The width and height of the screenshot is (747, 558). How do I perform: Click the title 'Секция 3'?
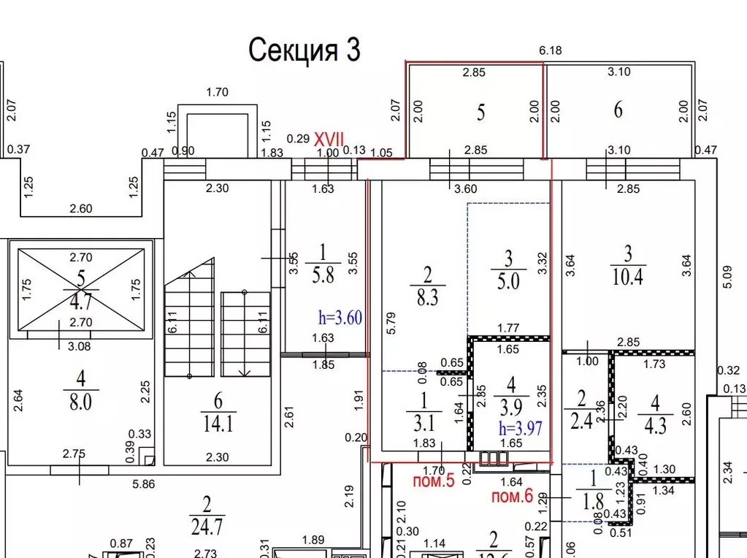tap(304, 50)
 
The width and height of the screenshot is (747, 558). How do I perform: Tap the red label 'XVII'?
tap(329, 138)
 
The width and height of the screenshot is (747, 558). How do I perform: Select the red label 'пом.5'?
tap(434, 481)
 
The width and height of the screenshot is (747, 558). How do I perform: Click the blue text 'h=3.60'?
tap(340, 318)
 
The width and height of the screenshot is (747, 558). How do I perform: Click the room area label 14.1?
tap(218, 423)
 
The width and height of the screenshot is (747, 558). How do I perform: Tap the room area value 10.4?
tap(628, 277)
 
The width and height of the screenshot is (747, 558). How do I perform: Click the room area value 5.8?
tap(322, 277)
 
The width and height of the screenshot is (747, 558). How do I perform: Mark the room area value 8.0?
tap(80, 402)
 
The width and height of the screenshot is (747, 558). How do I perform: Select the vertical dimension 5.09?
tap(726, 278)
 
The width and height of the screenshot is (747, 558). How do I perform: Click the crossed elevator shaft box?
tap(80, 288)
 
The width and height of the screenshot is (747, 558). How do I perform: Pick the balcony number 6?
tap(618, 110)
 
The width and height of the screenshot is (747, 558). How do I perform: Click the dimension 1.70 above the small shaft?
tap(218, 93)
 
